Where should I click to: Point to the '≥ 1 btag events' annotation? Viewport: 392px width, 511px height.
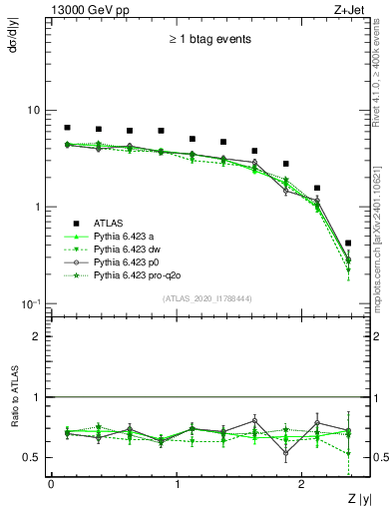point(208,40)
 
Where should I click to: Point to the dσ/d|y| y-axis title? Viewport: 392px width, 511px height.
point(13,41)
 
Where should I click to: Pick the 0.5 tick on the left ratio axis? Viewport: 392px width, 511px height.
point(34,457)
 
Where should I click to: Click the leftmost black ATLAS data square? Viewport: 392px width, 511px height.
point(67,128)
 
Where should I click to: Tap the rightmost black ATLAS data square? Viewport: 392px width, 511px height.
point(348,243)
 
